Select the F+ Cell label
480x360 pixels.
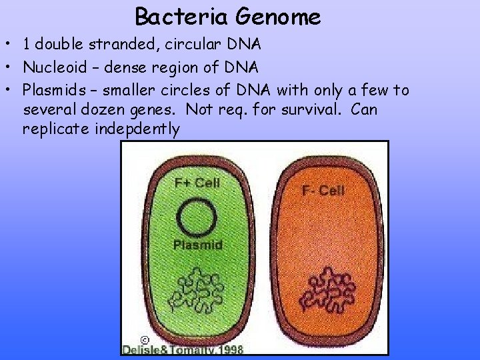point(197,181)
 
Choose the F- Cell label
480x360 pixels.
point(323,191)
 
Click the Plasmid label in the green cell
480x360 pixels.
point(197,245)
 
